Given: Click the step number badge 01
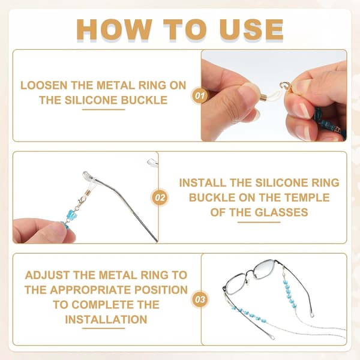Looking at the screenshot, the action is coord(199,95).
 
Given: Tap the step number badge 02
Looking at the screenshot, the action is coord(160,197).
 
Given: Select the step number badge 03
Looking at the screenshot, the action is coord(200,299).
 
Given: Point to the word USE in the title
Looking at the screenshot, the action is coord(251,29).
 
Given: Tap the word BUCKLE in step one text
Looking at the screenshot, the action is coord(145,100).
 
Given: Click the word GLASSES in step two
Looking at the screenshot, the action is coord(281,212).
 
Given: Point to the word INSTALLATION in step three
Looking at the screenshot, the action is coord(106,320).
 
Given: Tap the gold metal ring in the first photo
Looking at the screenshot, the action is coord(284,86).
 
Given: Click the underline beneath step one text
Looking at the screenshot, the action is coord(104,110).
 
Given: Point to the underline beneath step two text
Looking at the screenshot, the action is coord(259,222).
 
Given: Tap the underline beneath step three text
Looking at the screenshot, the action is coord(104,328).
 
